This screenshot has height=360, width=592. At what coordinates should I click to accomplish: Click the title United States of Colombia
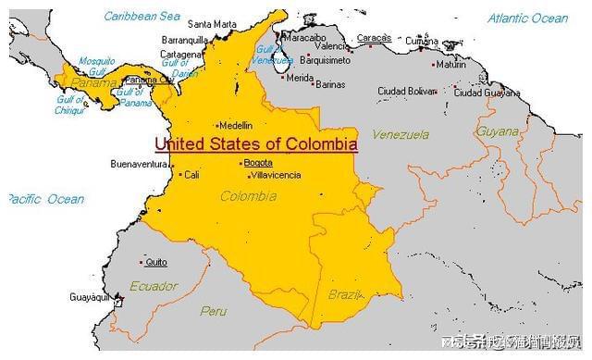pyautogui.click(x=255, y=144)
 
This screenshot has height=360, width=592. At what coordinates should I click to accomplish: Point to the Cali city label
pyautogui.click(x=191, y=174)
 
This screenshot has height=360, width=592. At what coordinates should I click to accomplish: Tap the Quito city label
pyautogui.click(x=156, y=262)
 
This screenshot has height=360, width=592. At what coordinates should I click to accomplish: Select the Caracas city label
pyautogui.click(x=374, y=38)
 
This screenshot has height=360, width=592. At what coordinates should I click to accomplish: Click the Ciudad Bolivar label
pyautogui.click(x=406, y=91)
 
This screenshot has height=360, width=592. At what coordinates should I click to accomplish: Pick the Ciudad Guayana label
pyautogui.click(x=487, y=92)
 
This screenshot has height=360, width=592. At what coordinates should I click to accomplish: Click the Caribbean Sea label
pyautogui.click(x=142, y=17)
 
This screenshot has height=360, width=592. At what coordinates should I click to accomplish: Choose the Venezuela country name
pyautogui.click(x=401, y=134)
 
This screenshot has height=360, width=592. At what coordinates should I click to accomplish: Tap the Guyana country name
pyautogui.click(x=498, y=131)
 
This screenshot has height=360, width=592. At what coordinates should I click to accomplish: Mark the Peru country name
pyautogui.click(x=213, y=311)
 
